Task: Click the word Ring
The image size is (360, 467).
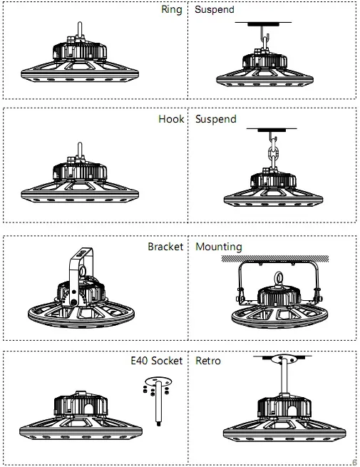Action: (x=172, y=11)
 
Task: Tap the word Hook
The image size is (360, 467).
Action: (x=170, y=119)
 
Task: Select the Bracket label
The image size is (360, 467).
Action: (x=165, y=247)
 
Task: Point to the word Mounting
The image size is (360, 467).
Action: (x=218, y=247)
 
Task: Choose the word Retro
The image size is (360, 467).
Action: (x=208, y=361)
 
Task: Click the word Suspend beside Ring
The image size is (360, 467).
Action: (x=215, y=11)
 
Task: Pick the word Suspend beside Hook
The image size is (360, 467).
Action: (x=215, y=119)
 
